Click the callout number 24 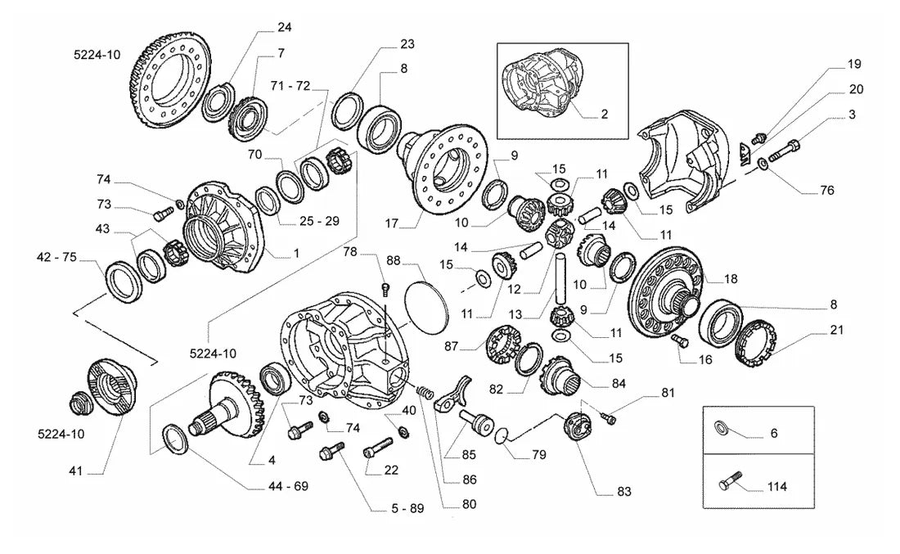tap(285, 28)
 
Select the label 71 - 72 tap(290, 86)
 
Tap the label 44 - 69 tap(288, 486)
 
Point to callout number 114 tap(777, 487)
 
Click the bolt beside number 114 tap(730, 481)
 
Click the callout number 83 tap(624, 492)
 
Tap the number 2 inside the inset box tap(605, 115)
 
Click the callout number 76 tap(827, 191)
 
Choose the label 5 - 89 tap(407, 509)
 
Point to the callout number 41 tap(76, 471)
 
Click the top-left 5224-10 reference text tap(97, 55)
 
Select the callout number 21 tap(838, 330)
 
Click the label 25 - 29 tap(319, 221)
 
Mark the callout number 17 tap(391, 223)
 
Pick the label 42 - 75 tap(56, 257)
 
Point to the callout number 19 tap(855, 65)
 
